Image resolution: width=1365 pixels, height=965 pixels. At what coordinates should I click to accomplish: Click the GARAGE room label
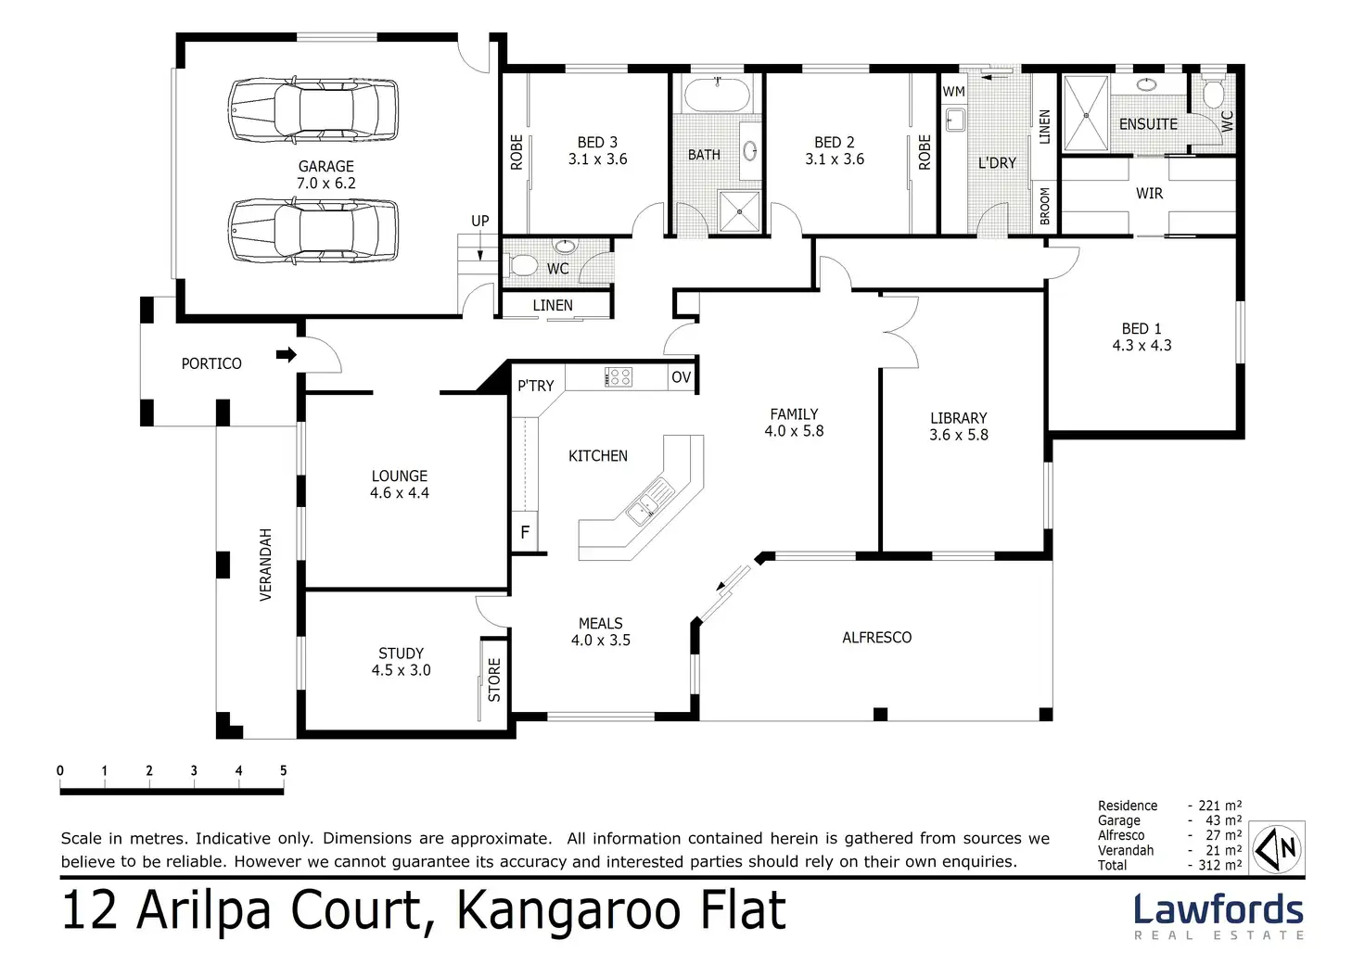[x=325, y=167]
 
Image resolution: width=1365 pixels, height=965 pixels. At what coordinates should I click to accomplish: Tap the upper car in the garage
[x=313, y=109]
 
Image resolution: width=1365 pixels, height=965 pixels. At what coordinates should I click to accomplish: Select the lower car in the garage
[x=313, y=231]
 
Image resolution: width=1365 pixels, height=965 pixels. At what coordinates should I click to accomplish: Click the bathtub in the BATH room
[x=718, y=95]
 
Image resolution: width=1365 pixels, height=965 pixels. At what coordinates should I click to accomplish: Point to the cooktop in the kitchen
[x=619, y=377]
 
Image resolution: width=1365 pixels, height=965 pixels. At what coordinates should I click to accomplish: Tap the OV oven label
[x=681, y=377]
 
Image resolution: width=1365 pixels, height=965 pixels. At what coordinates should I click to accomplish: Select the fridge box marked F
[x=525, y=533]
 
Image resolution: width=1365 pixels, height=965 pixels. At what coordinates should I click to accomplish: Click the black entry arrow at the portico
[x=287, y=354]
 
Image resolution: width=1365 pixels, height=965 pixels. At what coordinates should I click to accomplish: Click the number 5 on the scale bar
[x=283, y=770]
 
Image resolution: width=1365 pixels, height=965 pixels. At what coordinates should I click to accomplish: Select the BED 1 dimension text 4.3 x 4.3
[x=1142, y=346]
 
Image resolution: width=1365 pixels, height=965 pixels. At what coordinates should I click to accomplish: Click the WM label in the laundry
[x=953, y=92]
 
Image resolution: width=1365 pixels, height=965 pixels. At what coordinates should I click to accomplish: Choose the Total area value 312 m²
[x=1215, y=865]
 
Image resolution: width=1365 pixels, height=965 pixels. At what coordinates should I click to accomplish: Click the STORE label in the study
[x=494, y=679]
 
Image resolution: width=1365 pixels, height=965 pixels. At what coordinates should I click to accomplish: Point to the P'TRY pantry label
[x=535, y=386]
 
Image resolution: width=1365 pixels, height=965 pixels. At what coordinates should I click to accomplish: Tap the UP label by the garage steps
[x=479, y=222]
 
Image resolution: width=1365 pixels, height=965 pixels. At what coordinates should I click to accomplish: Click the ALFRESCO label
[x=876, y=638]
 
